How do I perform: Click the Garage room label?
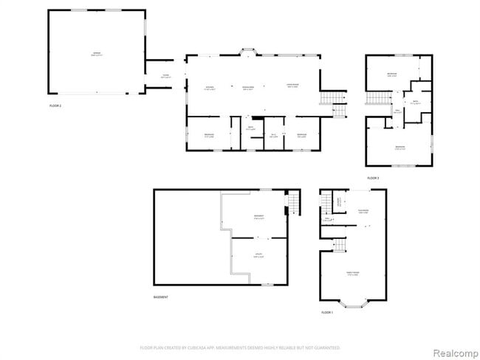96,55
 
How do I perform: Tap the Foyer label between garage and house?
166,77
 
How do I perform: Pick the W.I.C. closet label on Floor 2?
273,136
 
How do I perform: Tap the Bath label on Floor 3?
416,102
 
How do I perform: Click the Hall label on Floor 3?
397,112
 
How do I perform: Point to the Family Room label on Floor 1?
353,274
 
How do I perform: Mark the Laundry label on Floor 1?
339,201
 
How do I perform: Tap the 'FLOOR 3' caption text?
373,178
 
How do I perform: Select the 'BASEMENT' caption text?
160,297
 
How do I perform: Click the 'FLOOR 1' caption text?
327,312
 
